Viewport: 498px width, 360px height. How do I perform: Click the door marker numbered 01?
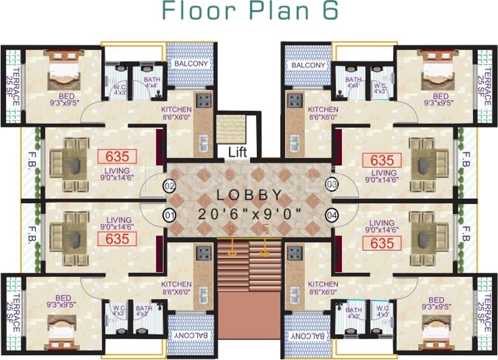click(x=170, y=215)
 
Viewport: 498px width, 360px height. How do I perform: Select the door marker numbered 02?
click(x=170, y=186)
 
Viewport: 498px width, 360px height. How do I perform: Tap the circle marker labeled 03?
click(x=332, y=185)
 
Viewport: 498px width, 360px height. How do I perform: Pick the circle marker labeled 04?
click(x=332, y=215)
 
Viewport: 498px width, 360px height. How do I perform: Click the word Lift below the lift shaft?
click(x=237, y=152)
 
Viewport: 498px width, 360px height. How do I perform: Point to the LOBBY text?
click(x=249, y=196)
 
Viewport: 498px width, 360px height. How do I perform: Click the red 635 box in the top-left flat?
click(x=118, y=157)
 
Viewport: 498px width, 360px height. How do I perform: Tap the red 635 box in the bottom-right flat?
click(x=382, y=243)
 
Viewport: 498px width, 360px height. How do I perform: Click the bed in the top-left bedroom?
click(x=64, y=70)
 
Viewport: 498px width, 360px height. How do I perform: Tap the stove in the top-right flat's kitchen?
click(x=295, y=100)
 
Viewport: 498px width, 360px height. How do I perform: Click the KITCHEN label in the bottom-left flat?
click(x=177, y=285)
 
